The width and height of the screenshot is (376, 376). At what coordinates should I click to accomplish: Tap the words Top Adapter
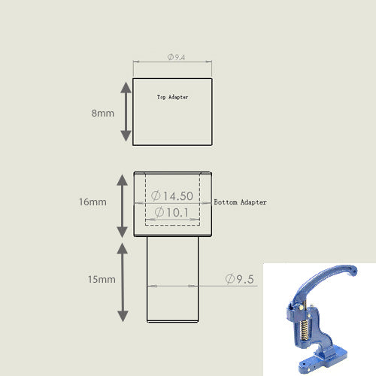pos(172,97)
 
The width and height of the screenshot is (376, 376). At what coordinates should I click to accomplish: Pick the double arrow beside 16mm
pos(123,205)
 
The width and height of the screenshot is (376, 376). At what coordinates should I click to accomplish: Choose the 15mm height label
pos(101,279)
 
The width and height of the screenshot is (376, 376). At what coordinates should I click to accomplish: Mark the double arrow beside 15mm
pos(123,280)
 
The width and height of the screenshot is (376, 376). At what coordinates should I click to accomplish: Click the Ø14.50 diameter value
pos(172,196)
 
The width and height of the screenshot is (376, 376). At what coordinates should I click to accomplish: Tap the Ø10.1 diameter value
pos(172,213)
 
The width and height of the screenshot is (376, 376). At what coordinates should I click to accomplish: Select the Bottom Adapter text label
pos(241,203)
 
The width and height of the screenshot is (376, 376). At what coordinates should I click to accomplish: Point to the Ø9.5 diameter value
pos(240,279)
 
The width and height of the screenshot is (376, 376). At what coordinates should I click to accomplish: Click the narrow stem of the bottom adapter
pos(172,301)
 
